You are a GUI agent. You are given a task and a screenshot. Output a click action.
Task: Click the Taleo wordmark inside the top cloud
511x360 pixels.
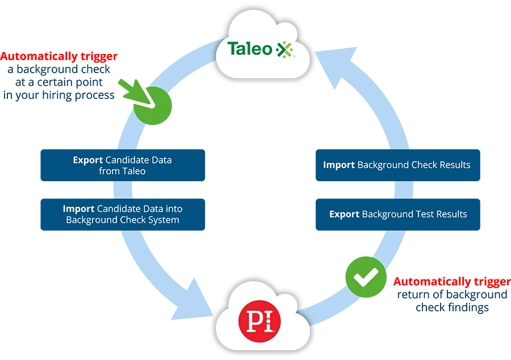[250, 49]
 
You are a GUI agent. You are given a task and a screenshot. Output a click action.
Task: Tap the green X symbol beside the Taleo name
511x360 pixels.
[284, 50]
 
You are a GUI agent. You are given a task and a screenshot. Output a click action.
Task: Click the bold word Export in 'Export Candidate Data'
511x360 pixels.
[88, 160]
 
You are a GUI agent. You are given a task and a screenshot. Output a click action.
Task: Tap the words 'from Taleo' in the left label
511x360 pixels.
[122, 171]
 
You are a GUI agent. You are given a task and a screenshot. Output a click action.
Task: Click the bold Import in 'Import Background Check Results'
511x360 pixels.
[339, 165]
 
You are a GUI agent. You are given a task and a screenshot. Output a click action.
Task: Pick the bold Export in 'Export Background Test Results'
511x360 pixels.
[344, 214]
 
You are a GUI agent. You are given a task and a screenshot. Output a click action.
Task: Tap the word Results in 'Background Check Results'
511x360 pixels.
[451, 165]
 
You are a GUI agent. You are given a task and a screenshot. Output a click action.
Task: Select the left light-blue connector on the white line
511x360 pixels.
[122, 188]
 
